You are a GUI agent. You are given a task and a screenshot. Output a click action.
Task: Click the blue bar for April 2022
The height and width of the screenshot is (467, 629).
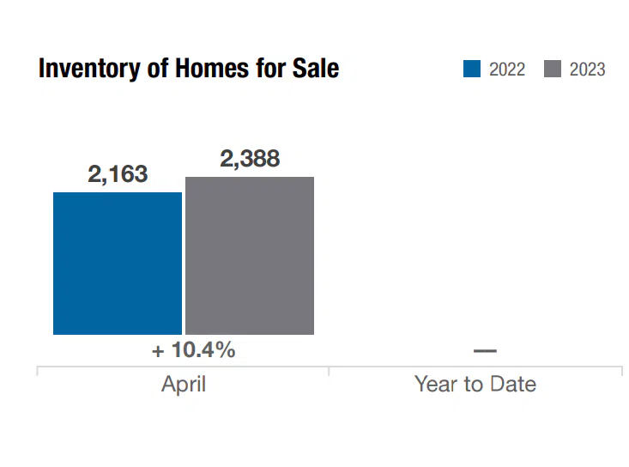tap(118, 263)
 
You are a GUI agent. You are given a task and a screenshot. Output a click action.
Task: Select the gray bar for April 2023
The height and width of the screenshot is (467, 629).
tap(250, 255)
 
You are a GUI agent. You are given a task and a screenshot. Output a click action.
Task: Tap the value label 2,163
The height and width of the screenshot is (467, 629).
tap(118, 174)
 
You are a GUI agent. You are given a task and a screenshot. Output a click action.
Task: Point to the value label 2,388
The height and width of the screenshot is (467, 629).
tap(250, 159)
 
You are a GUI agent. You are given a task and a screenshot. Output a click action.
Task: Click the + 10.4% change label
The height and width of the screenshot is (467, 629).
tap(193, 350)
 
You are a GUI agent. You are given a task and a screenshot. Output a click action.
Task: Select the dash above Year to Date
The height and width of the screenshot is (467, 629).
tap(485, 350)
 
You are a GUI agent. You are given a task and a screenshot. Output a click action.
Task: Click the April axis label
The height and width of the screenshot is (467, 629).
tap(184, 384)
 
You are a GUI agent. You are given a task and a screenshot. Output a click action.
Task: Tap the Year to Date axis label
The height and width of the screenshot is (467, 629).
tap(475, 384)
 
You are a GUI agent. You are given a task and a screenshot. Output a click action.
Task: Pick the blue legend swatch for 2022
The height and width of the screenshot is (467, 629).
tap(472, 69)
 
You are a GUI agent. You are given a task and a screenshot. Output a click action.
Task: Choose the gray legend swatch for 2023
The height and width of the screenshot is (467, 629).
tap(553, 69)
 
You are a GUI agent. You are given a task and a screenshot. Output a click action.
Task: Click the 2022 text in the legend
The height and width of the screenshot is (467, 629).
tap(506, 70)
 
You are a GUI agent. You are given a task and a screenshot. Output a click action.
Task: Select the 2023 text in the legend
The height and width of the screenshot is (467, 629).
tap(587, 70)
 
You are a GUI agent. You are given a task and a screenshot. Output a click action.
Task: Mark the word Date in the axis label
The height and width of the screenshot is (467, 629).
tap(514, 384)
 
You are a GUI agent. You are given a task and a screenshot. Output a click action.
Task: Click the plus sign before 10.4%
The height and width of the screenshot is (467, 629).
tap(158, 351)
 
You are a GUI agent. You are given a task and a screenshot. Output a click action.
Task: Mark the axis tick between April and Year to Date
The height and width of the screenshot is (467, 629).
tap(329, 371)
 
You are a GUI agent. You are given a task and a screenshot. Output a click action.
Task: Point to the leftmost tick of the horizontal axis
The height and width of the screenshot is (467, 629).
tap(38, 371)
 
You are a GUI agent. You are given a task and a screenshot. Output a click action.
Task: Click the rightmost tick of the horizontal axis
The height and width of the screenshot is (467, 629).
tap(621, 371)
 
